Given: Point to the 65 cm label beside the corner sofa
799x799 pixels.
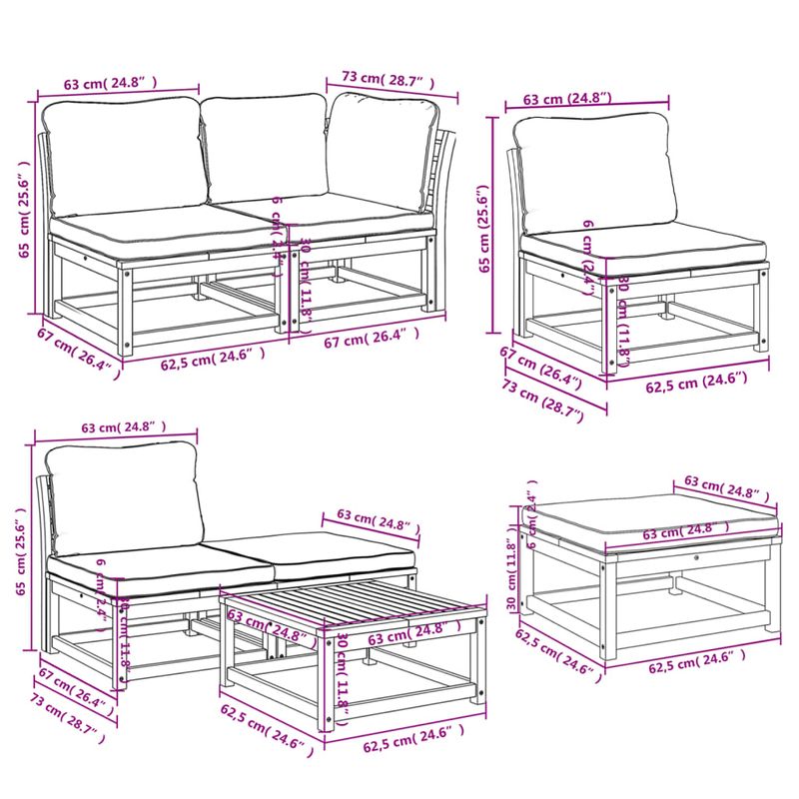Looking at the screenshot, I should click(x=24, y=210).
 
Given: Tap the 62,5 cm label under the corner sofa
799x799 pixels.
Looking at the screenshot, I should click(x=213, y=358).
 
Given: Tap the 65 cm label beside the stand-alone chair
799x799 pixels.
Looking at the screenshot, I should click(x=484, y=230).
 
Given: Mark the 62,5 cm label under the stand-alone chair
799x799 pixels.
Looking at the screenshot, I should click(x=692, y=379).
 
